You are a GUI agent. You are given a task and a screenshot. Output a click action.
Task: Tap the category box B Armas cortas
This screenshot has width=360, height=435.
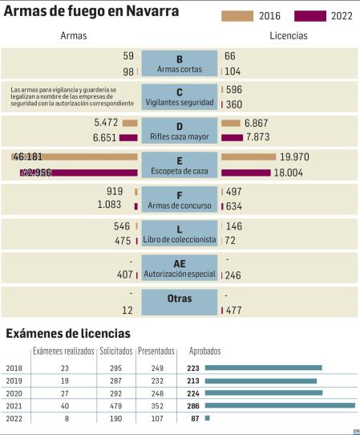click(x=180, y=63)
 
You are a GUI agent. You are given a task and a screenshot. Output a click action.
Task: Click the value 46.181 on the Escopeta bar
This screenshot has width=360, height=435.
click(x=29, y=157)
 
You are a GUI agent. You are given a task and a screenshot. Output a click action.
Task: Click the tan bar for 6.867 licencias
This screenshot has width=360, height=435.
click(x=230, y=123)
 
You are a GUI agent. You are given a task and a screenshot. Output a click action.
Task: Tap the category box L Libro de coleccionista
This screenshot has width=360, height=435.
click(x=180, y=234)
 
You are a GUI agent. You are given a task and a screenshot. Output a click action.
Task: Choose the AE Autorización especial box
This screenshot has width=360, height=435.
click(x=180, y=267)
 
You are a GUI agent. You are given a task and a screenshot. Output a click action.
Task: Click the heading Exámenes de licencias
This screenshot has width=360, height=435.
click(x=68, y=333)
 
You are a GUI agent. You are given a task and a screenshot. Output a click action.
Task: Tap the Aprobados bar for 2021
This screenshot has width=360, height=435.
click(x=280, y=405)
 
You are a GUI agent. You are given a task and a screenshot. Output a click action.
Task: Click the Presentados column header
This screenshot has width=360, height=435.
click(x=156, y=352)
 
